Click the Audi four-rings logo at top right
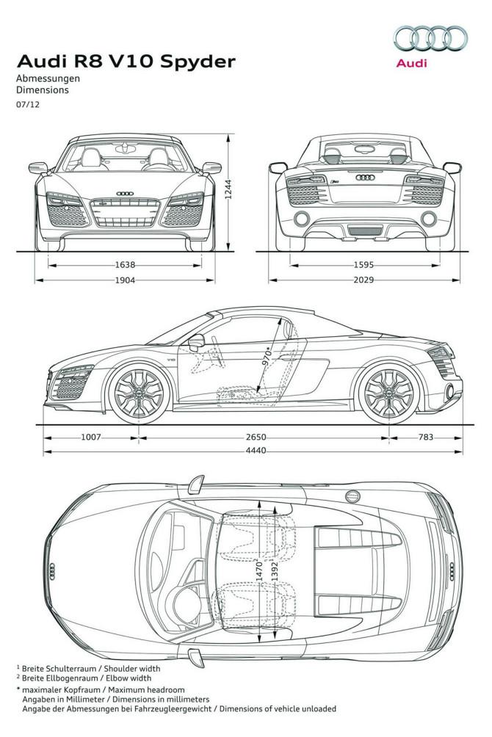tap(430, 38)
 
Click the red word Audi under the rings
tap(411, 63)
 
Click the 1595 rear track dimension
tap(363, 266)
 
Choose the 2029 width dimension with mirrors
tap(363, 280)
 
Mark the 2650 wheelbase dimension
tap(256, 438)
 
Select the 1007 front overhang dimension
tap(91, 438)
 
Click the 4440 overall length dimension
tap(256, 451)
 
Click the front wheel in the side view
tap(137, 394)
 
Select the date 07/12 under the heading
tap(24, 104)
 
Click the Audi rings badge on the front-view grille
tap(125, 193)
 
